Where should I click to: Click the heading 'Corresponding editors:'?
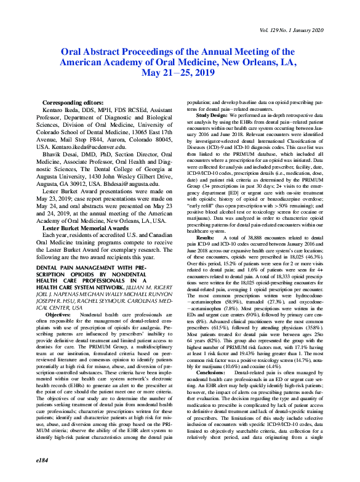(x=73, y=102)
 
